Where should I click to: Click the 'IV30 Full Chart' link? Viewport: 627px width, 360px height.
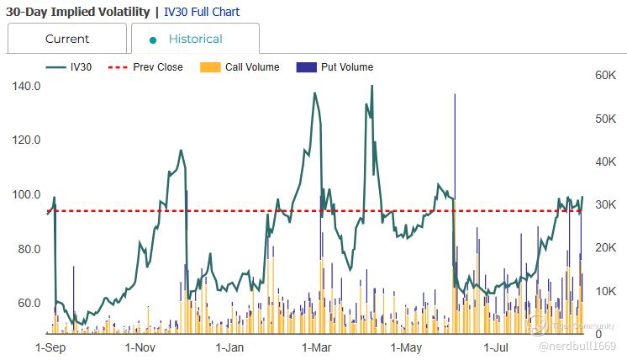point(201,12)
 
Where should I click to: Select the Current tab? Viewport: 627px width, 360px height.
point(67,39)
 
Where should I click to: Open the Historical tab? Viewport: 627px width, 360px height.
point(195,39)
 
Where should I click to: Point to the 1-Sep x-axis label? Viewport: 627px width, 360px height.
point(51,346)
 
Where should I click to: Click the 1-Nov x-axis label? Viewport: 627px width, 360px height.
point(140,346)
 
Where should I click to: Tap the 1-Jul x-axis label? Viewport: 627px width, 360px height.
point(497,346)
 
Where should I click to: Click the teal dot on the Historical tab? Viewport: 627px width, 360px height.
point(153,40)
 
